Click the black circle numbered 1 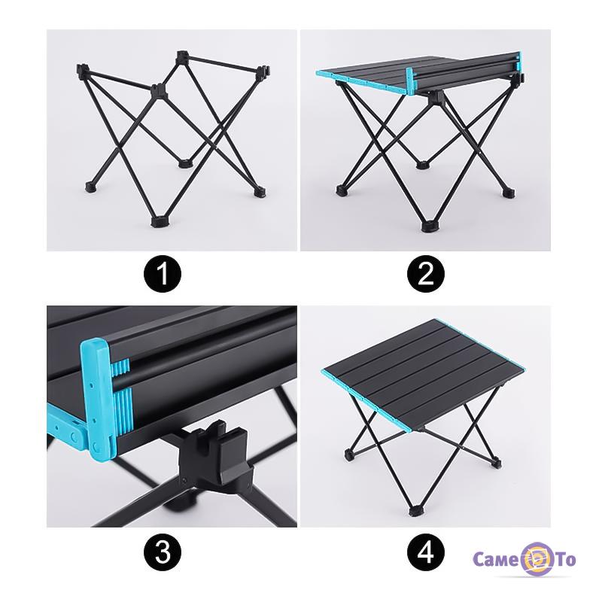click(x=163, y=274)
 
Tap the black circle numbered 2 click(x=426, y=274)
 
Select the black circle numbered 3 click(x=163, y=553)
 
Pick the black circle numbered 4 click(x=426, y=553)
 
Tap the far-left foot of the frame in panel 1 click(x=90, y=187)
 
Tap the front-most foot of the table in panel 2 click(x=428, y=227)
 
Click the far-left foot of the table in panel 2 click(x=342, y=190)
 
